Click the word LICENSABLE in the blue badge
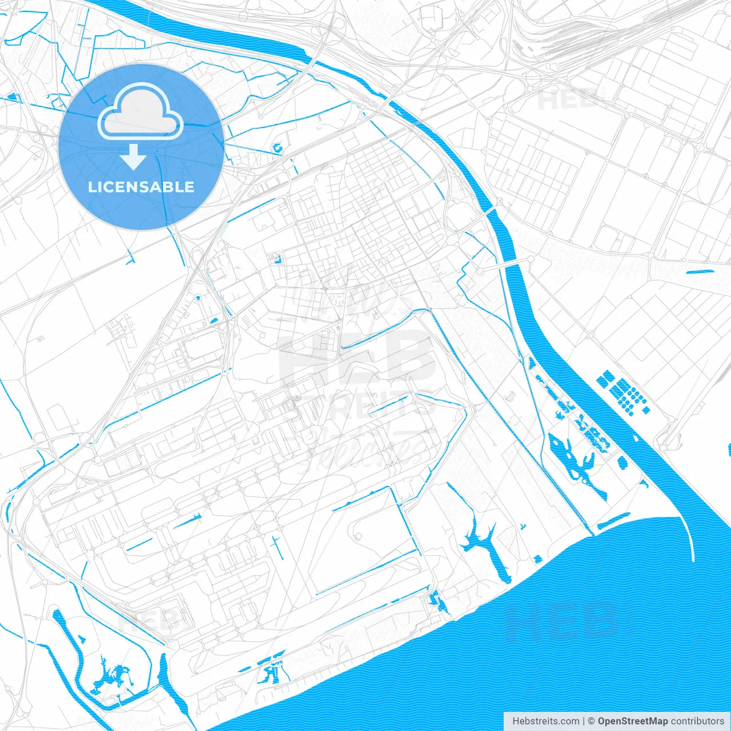pyautogui.click(x=141, y=187)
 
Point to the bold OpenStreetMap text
pyautogui.click(x=632, y=721)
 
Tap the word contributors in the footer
pyautogui.click(x=697, y=721)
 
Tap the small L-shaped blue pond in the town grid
pyautogui.click(x=278, y=259)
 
